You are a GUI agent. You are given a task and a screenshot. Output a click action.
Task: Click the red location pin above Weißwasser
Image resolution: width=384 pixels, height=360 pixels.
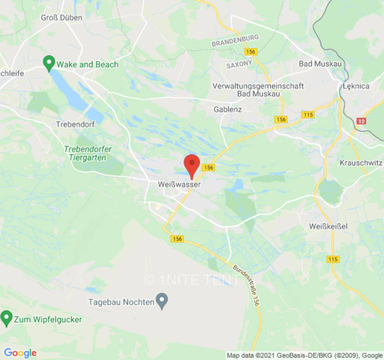pos(192,164)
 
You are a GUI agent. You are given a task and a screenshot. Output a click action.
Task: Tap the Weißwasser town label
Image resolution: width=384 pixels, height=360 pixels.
pos(179,184)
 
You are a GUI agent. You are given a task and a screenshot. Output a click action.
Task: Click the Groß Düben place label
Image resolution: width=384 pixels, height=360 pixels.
pos(62,18)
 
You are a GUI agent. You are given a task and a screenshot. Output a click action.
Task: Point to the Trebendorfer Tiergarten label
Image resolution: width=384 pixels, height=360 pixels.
pos(88,153)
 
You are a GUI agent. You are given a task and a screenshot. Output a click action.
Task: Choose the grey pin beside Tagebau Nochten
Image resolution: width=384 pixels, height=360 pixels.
pos(162,300)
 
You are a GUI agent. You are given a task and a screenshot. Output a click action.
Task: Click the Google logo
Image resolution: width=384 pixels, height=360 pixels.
pos(20,353)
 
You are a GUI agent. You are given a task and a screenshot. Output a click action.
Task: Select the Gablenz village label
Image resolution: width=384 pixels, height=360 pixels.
pos(228,109)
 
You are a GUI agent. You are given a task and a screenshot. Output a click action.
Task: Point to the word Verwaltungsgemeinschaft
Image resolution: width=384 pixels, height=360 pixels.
pos(258,86)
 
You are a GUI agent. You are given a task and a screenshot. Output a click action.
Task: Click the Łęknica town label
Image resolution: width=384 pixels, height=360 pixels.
pos(356,86)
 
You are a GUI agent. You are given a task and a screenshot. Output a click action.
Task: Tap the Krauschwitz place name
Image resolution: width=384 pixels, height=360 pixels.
pos(361,162)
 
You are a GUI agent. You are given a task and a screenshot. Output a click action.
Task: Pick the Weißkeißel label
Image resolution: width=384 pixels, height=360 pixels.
pos(329,226)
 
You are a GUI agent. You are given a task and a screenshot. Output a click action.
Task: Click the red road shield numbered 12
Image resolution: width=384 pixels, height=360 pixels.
pos(361,121)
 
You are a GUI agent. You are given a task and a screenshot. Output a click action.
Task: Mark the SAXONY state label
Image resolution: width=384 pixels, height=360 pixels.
pos(239,65)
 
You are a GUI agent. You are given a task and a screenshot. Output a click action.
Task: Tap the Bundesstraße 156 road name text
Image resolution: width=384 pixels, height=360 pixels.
pos(247,285)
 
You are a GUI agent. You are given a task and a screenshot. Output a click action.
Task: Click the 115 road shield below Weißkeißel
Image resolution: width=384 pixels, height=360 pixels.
pos(333,259)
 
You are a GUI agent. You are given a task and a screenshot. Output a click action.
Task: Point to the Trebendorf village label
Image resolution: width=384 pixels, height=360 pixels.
pos(76,124)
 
